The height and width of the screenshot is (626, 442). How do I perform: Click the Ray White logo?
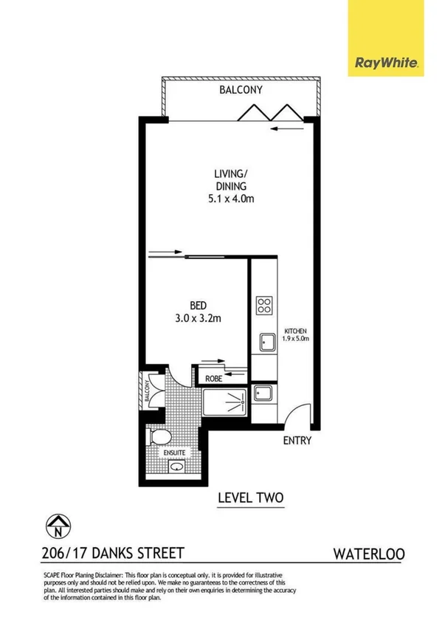(x=387, y=63)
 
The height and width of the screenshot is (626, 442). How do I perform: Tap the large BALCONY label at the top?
(x=241, y=90)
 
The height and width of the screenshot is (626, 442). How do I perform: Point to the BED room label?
(x=197, y=305)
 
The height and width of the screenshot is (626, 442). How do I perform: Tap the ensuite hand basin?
(x=177, y=467)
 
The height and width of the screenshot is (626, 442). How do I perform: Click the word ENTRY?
(x=297, y=441)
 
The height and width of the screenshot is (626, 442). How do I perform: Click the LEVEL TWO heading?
(x=250, y=498)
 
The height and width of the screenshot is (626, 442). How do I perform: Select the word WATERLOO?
(x=368, y=553)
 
